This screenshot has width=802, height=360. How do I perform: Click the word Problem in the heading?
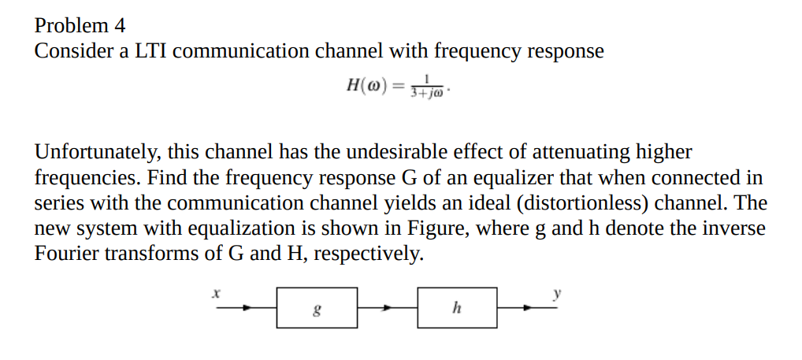69,26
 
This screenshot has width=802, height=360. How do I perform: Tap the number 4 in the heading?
120,26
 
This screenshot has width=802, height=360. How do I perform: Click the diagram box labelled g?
317,307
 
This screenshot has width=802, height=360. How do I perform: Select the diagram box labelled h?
457,307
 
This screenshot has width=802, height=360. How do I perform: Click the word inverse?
737,228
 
